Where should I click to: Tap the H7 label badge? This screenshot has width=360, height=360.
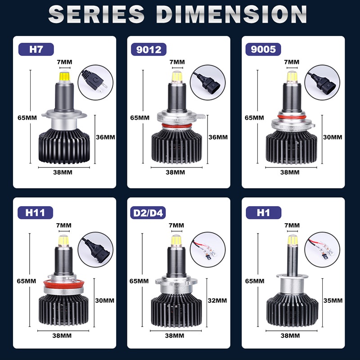[x=35, y=48]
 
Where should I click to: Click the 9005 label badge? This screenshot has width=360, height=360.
[x=263, y=48]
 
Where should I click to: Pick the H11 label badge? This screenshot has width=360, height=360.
[x=35, y=212]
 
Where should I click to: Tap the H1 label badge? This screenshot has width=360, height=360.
[x=263, y=212]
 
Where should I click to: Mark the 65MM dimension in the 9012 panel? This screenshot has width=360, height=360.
[x=139, y=117]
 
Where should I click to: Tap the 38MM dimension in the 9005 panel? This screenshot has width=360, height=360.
[x=290, y=172]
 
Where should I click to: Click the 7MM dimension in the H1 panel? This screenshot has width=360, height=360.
[x=292, y=225]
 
